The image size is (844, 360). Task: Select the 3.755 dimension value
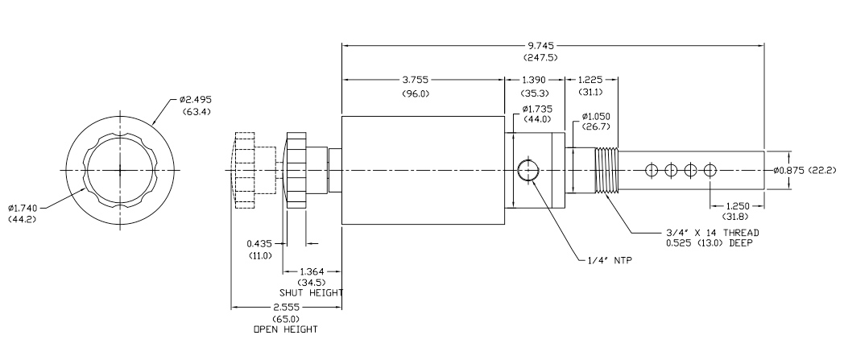(425, 80)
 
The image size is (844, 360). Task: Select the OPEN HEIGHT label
(284, 329)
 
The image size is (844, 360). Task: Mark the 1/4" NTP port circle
(527, 170)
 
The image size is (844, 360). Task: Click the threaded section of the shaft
(607, 170)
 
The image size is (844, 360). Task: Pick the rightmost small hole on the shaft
(710, 170)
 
